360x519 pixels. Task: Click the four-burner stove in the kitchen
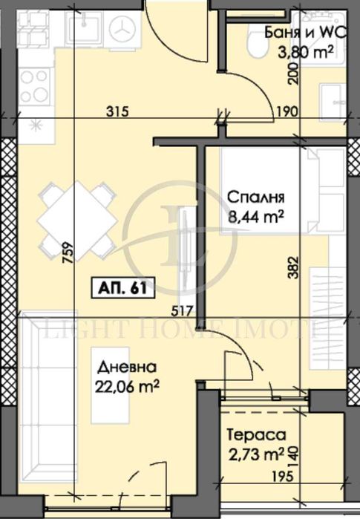click(x=34, y=83)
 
